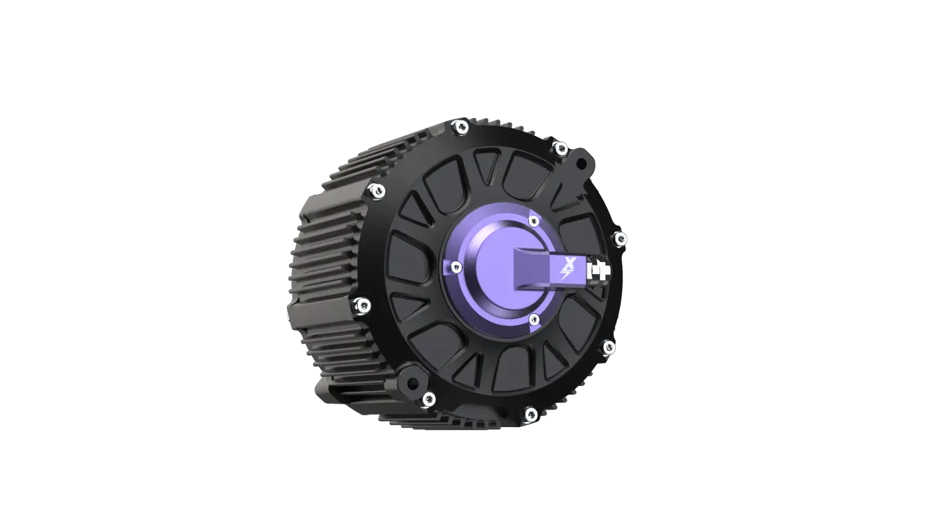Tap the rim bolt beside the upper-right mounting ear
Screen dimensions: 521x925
coord(559,149)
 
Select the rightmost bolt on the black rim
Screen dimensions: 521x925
coord(620,238)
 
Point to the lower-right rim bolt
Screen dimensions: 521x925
coord(608,347)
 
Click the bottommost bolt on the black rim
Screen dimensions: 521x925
coord(530,414)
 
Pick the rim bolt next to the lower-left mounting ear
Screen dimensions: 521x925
coord(429,398)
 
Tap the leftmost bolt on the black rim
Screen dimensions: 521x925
coord(363,305)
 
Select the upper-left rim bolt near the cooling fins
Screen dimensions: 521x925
coord(376,191)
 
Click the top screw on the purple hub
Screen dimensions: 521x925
coord(533,221)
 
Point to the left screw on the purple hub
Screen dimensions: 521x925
coord(455,268)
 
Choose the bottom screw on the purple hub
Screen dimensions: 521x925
coord(534,319)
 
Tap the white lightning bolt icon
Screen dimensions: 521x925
coord(565,275)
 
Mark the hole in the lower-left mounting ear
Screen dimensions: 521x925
coord(410,381)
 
